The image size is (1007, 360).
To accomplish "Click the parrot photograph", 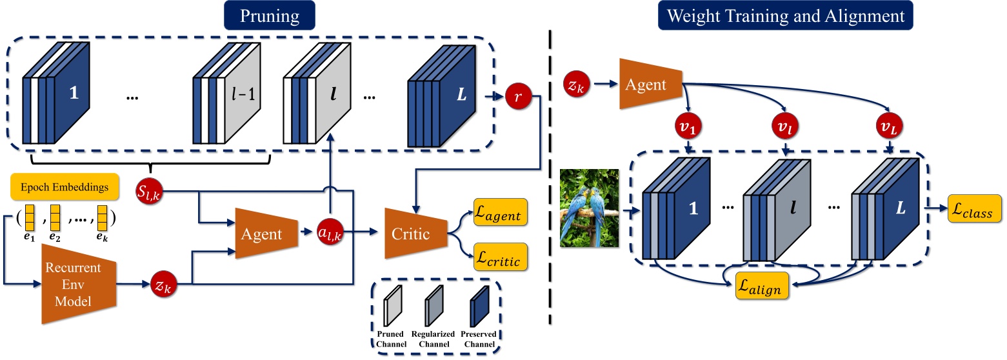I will point(590,208).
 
